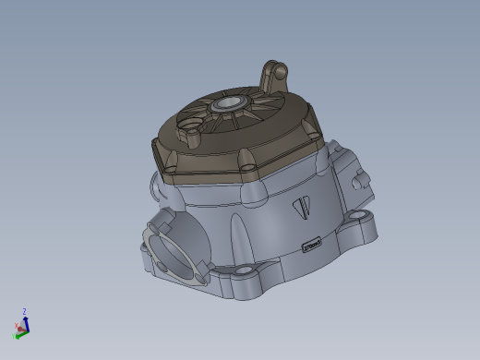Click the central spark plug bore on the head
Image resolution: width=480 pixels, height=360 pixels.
(230, 105)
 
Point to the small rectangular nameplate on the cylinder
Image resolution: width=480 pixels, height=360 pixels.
(312, 244)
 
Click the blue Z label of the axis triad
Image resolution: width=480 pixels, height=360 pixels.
(24, 312)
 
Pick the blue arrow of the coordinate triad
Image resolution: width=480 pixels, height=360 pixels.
(25, 320)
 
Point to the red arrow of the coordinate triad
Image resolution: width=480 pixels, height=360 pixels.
(20, 329)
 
